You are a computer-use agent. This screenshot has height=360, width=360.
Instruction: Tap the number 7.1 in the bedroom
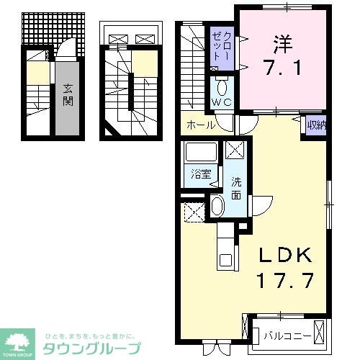279,71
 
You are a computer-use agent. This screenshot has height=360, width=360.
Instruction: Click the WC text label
222,106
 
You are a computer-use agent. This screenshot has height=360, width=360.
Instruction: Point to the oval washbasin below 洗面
218,207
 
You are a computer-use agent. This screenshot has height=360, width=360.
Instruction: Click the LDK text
286,256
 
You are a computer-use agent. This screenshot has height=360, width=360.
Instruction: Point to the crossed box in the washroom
235,150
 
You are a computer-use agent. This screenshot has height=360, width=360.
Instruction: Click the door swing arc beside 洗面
258,205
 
